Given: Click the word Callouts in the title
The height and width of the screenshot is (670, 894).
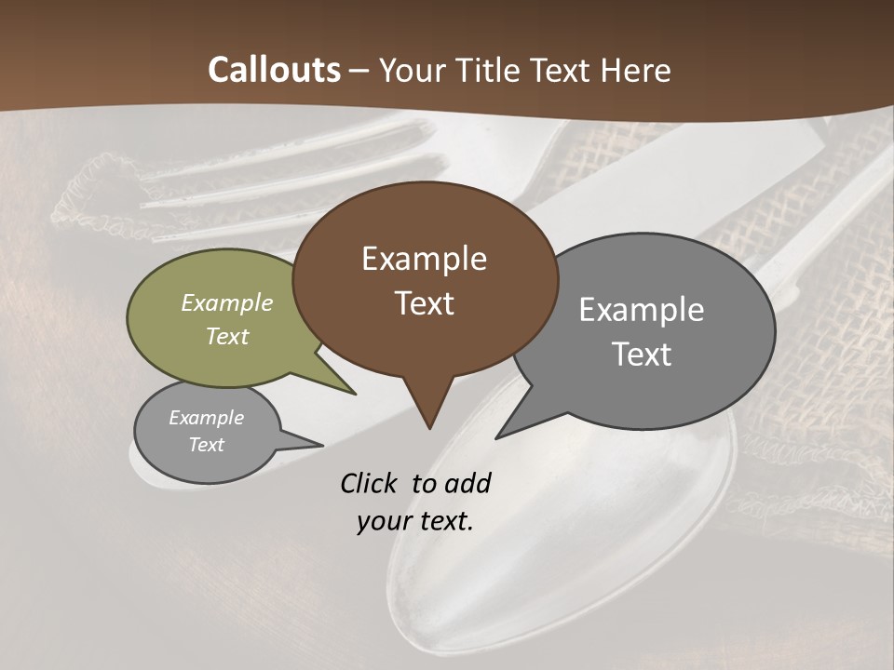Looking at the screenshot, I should click(x=274, y=70).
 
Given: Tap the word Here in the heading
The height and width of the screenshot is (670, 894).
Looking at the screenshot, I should click(x=637, y=70).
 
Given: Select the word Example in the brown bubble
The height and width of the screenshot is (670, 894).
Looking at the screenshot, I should click(x=424, y=259).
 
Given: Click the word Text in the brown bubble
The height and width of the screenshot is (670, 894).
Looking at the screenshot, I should click(x=424, y=303).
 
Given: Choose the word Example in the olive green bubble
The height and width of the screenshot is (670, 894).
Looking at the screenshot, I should click(x=227, y=302).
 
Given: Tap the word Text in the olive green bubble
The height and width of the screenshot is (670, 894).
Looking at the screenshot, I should click(x=227, y=336).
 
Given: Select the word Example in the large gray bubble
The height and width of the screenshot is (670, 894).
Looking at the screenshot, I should click(x=642, y=310).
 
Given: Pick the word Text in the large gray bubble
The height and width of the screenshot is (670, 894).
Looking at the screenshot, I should click(x=642, y=355).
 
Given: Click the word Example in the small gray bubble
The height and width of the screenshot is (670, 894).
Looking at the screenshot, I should click(x=206, y=418).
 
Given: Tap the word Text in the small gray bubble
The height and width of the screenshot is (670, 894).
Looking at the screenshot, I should click(x=206, y=445).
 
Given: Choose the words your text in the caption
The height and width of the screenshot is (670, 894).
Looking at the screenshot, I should click(x=414, y=521).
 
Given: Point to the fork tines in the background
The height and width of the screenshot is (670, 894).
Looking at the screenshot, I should click(x=279, y=172).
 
